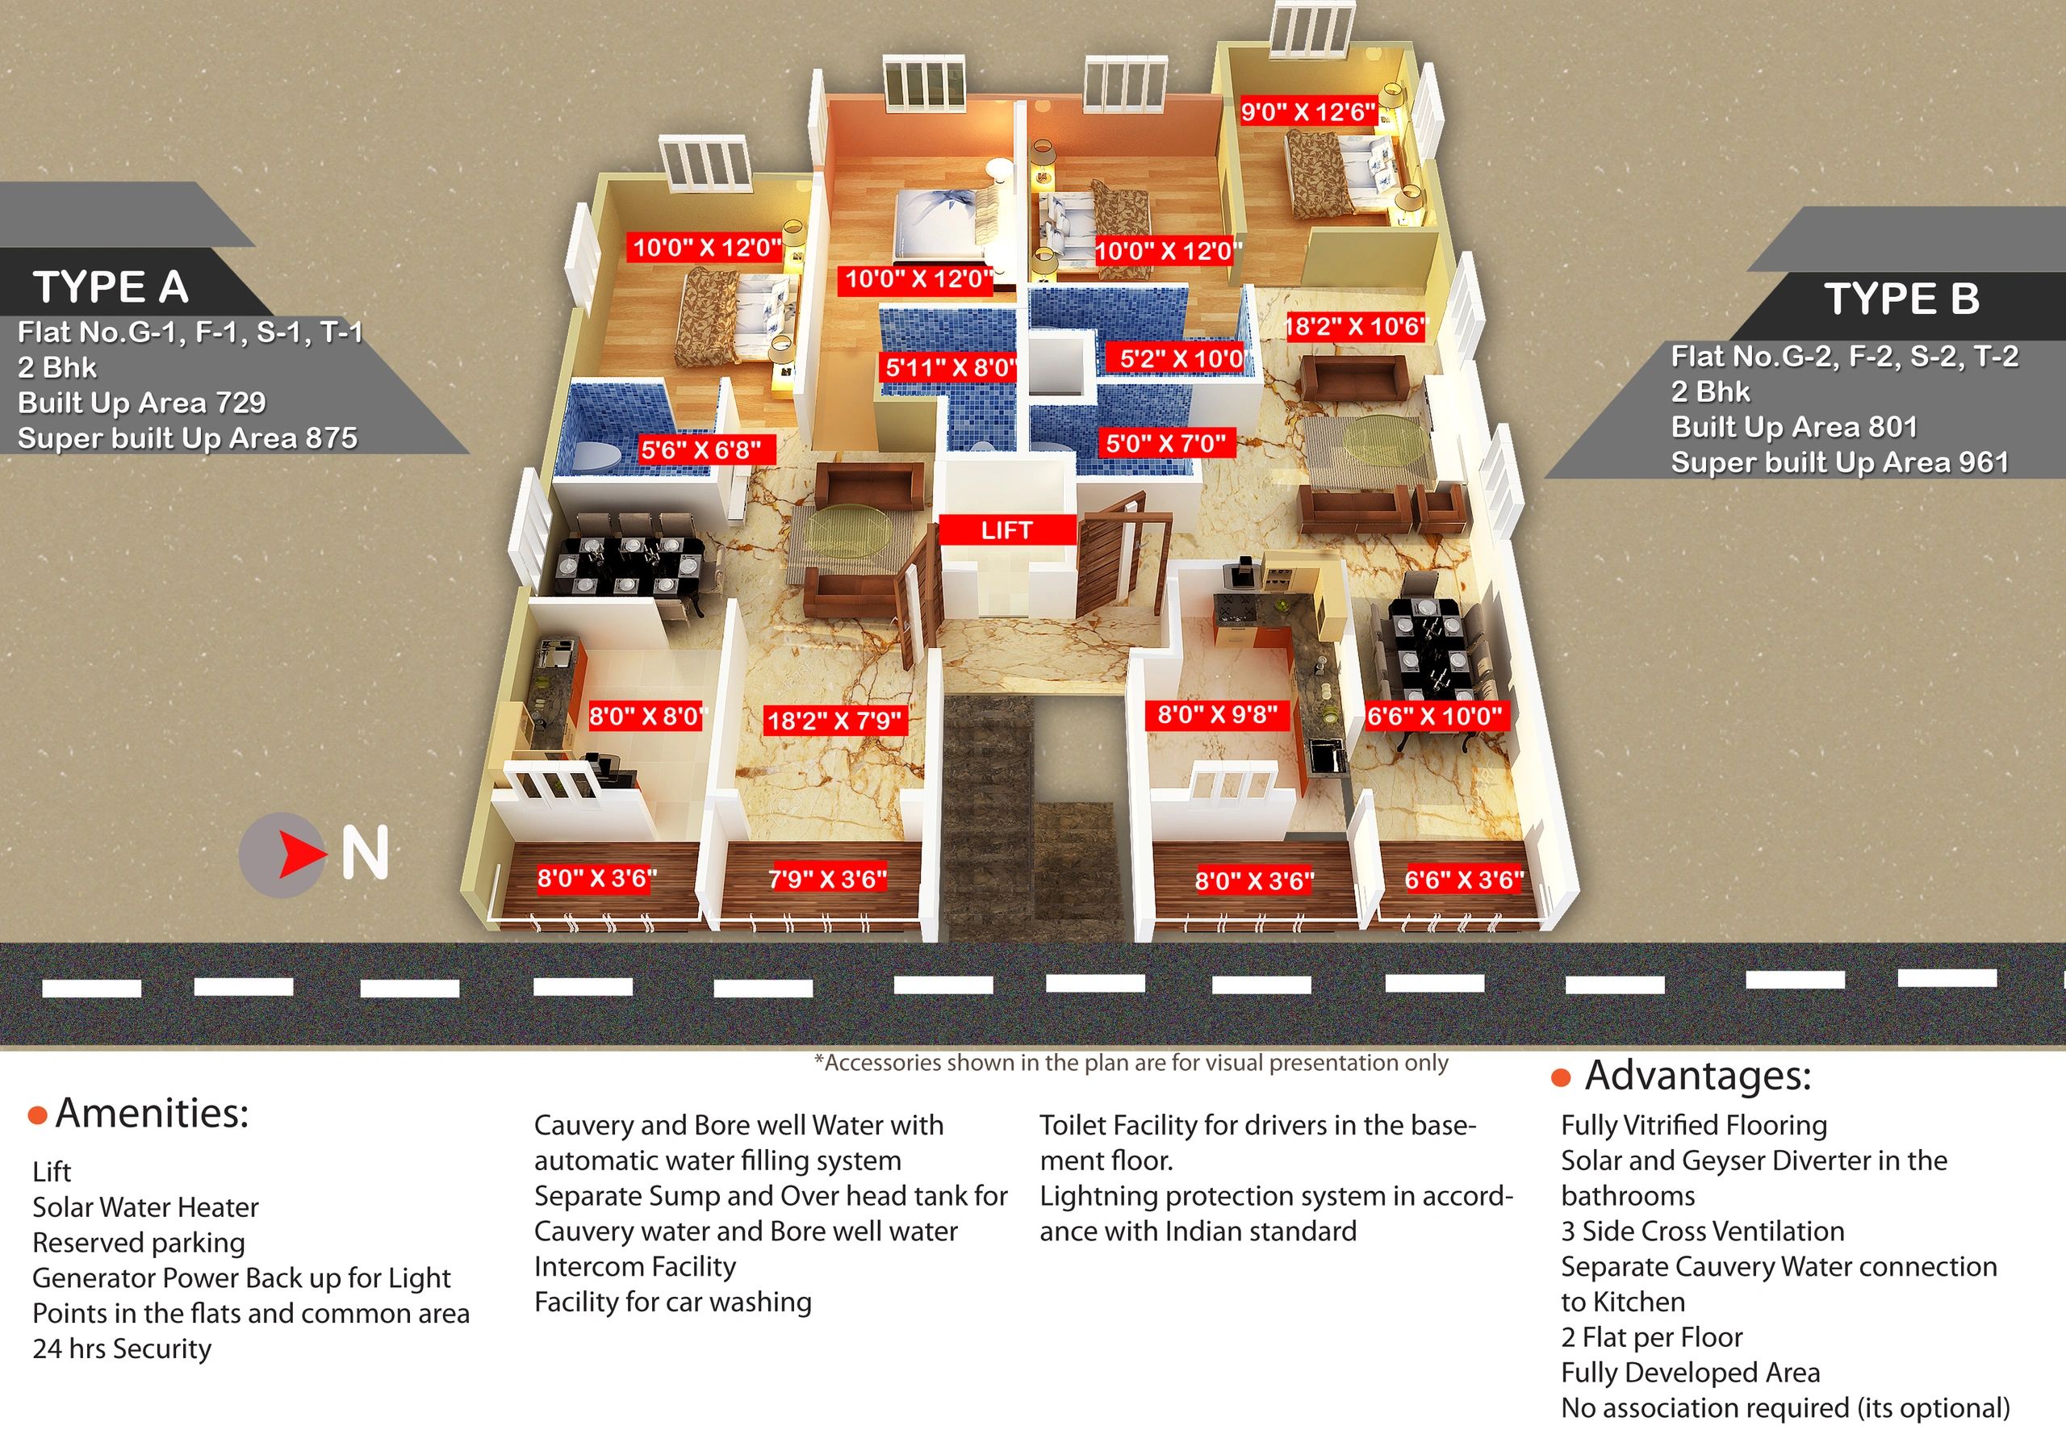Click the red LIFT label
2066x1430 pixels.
tap(1006, 530)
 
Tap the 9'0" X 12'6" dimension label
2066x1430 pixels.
tap(1307, 112)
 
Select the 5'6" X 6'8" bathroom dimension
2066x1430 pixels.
tap(701, 449)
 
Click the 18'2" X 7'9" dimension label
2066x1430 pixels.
tap(834, 721)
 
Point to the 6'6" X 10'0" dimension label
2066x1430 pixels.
tap(1433, 716)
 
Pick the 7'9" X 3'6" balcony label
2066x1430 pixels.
tap(827, 879)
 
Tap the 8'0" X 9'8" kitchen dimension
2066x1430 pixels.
tap(1217, 715)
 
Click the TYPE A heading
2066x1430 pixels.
tap(111, 287)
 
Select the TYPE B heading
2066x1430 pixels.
tap(1901, 299)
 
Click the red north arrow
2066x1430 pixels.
tap(300, 854)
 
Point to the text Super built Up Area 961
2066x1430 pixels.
tap(1839, 462)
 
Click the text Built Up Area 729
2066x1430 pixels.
tap(141, 403)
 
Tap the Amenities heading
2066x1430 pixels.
tap(152, 1114)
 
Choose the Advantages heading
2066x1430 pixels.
tap(1697, 1076)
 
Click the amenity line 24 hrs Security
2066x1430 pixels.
tap(122, 1348)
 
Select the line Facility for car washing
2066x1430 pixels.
tap(673, 1302)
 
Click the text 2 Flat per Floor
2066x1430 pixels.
tap(1651, 1337)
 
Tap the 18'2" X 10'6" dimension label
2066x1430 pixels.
tap(1355, 326)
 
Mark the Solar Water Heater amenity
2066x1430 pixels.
tap(145, 1207)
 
